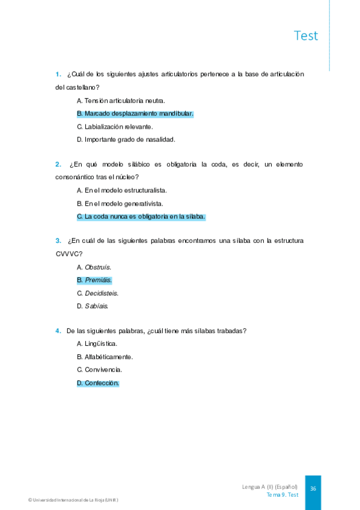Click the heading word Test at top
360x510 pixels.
(x=306, y=35)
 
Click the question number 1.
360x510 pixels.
(x=58, y=74)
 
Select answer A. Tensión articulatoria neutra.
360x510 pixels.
(x=121, y=100)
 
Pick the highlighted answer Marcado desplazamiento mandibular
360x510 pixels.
(x=135, y=114)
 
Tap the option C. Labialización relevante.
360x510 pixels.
(x=115, y=126)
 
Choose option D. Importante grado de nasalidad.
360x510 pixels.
(x=126, y=140)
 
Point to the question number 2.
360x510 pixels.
(x=58, y=164)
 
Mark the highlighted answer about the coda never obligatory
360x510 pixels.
(x=141, y=217)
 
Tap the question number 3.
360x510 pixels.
(x=58, y=241)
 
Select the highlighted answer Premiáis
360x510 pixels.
(x=94, y=280)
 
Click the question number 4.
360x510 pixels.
(x=58, y=331)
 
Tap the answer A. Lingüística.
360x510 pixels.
(x=97, y=344)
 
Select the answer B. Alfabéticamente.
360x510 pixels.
(x=105, y=357)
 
